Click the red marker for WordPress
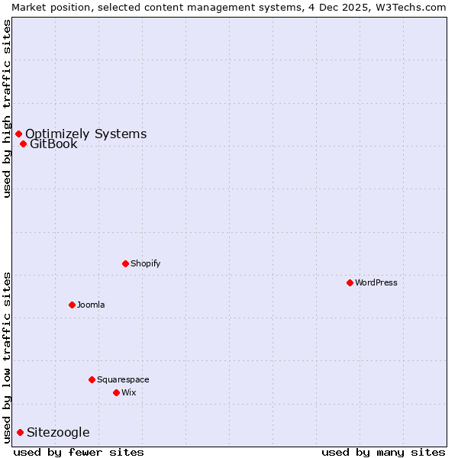350,282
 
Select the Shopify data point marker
125,263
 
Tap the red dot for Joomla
72,305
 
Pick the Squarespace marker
92,379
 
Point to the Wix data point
116,392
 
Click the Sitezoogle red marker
20,432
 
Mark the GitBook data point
23,144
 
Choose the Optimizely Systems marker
18,134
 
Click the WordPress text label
376,282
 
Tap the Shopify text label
145,263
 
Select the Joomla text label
91,305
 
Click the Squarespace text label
123,379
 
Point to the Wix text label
128,392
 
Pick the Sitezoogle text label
58,432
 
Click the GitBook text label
53,144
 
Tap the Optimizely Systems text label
85,134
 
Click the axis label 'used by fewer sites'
79,452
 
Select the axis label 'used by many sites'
383,452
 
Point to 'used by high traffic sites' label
7,108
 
